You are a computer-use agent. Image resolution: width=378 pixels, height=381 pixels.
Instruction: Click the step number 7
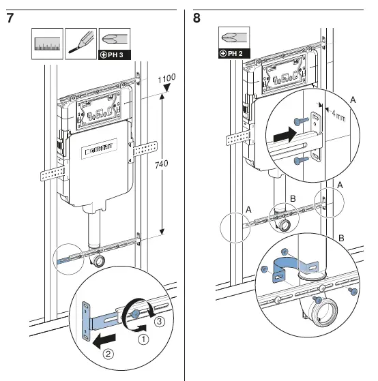click(10, 18)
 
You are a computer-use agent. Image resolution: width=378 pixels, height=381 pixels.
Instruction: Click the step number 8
click(197, 18)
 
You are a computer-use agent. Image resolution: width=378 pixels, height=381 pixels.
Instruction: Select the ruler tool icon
click(47, 44)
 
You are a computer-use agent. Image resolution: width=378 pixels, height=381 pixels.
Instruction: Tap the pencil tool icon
click(81, 44)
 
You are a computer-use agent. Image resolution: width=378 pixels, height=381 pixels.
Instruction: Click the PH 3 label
click(115, 55)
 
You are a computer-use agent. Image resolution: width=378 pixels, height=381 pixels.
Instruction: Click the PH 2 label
click(234, 53)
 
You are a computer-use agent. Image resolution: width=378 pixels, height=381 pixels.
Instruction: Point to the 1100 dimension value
click(166, 78)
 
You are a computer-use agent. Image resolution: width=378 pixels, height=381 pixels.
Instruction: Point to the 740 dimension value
click(161, 164)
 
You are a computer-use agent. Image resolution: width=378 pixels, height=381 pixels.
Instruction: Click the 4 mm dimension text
click(338, 116)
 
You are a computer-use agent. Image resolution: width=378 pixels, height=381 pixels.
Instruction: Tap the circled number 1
click(143, 339)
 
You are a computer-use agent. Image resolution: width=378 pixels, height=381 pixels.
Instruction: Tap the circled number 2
click(108, 354)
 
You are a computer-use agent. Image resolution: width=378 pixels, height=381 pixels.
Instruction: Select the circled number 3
click(160, 322)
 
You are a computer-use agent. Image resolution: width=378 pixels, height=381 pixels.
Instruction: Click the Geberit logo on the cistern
click(99, 149)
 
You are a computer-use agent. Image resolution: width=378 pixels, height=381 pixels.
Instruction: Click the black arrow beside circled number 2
click(104, 340)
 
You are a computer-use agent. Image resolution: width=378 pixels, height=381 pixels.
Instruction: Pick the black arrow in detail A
click(285, 134)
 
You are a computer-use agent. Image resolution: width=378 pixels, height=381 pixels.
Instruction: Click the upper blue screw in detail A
click(301, 121)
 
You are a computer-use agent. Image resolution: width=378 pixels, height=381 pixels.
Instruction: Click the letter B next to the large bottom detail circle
click(341, 238)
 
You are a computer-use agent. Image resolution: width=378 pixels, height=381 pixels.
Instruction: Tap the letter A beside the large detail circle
click(353, 100)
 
